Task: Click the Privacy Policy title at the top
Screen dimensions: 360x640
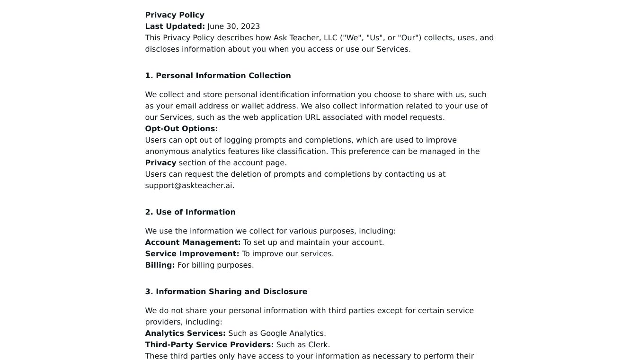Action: (x=175, y=15)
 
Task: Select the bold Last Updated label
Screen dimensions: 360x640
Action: (x=175, y=27)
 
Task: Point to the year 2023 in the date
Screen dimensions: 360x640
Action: (x=250, y=27)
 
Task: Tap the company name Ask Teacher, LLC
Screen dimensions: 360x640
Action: (x=305, y=38)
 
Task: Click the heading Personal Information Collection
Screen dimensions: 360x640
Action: (x=223, y=76)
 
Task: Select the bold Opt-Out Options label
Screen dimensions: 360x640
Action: (x=181, y=129)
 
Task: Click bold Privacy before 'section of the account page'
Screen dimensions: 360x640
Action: (x=160, y=163)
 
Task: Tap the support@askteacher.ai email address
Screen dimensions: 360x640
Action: (x=189, y=186)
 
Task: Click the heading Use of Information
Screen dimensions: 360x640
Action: (x=196, y=212)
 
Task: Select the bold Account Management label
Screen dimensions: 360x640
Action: (x=193, y=243)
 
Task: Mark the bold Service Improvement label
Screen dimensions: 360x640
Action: (x=192, y=254)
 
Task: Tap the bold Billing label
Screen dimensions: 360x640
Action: (x=160, y=265)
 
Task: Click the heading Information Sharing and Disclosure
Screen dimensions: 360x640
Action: (x=231, y=292)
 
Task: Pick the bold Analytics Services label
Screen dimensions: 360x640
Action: (x=185, y=333)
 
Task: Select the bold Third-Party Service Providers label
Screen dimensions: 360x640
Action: (x=209, y=345)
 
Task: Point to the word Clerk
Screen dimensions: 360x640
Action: (x=318, y=345)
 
